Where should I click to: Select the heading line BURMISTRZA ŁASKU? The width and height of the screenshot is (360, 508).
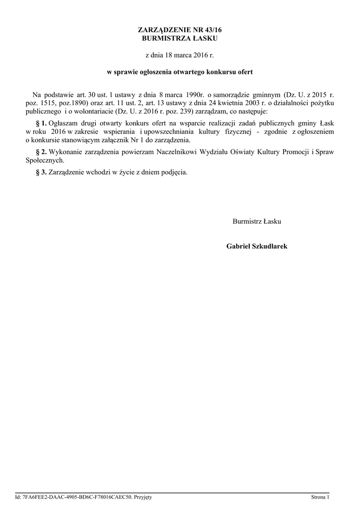tap(180, 38)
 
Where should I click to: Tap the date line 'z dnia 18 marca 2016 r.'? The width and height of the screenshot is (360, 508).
tap(180, 55)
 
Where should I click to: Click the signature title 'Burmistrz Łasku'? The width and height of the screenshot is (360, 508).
tap(257, 221)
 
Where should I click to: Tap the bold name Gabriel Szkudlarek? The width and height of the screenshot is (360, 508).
tap(257, 246)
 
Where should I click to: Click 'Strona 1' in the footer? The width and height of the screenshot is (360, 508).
tap(320, 497)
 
